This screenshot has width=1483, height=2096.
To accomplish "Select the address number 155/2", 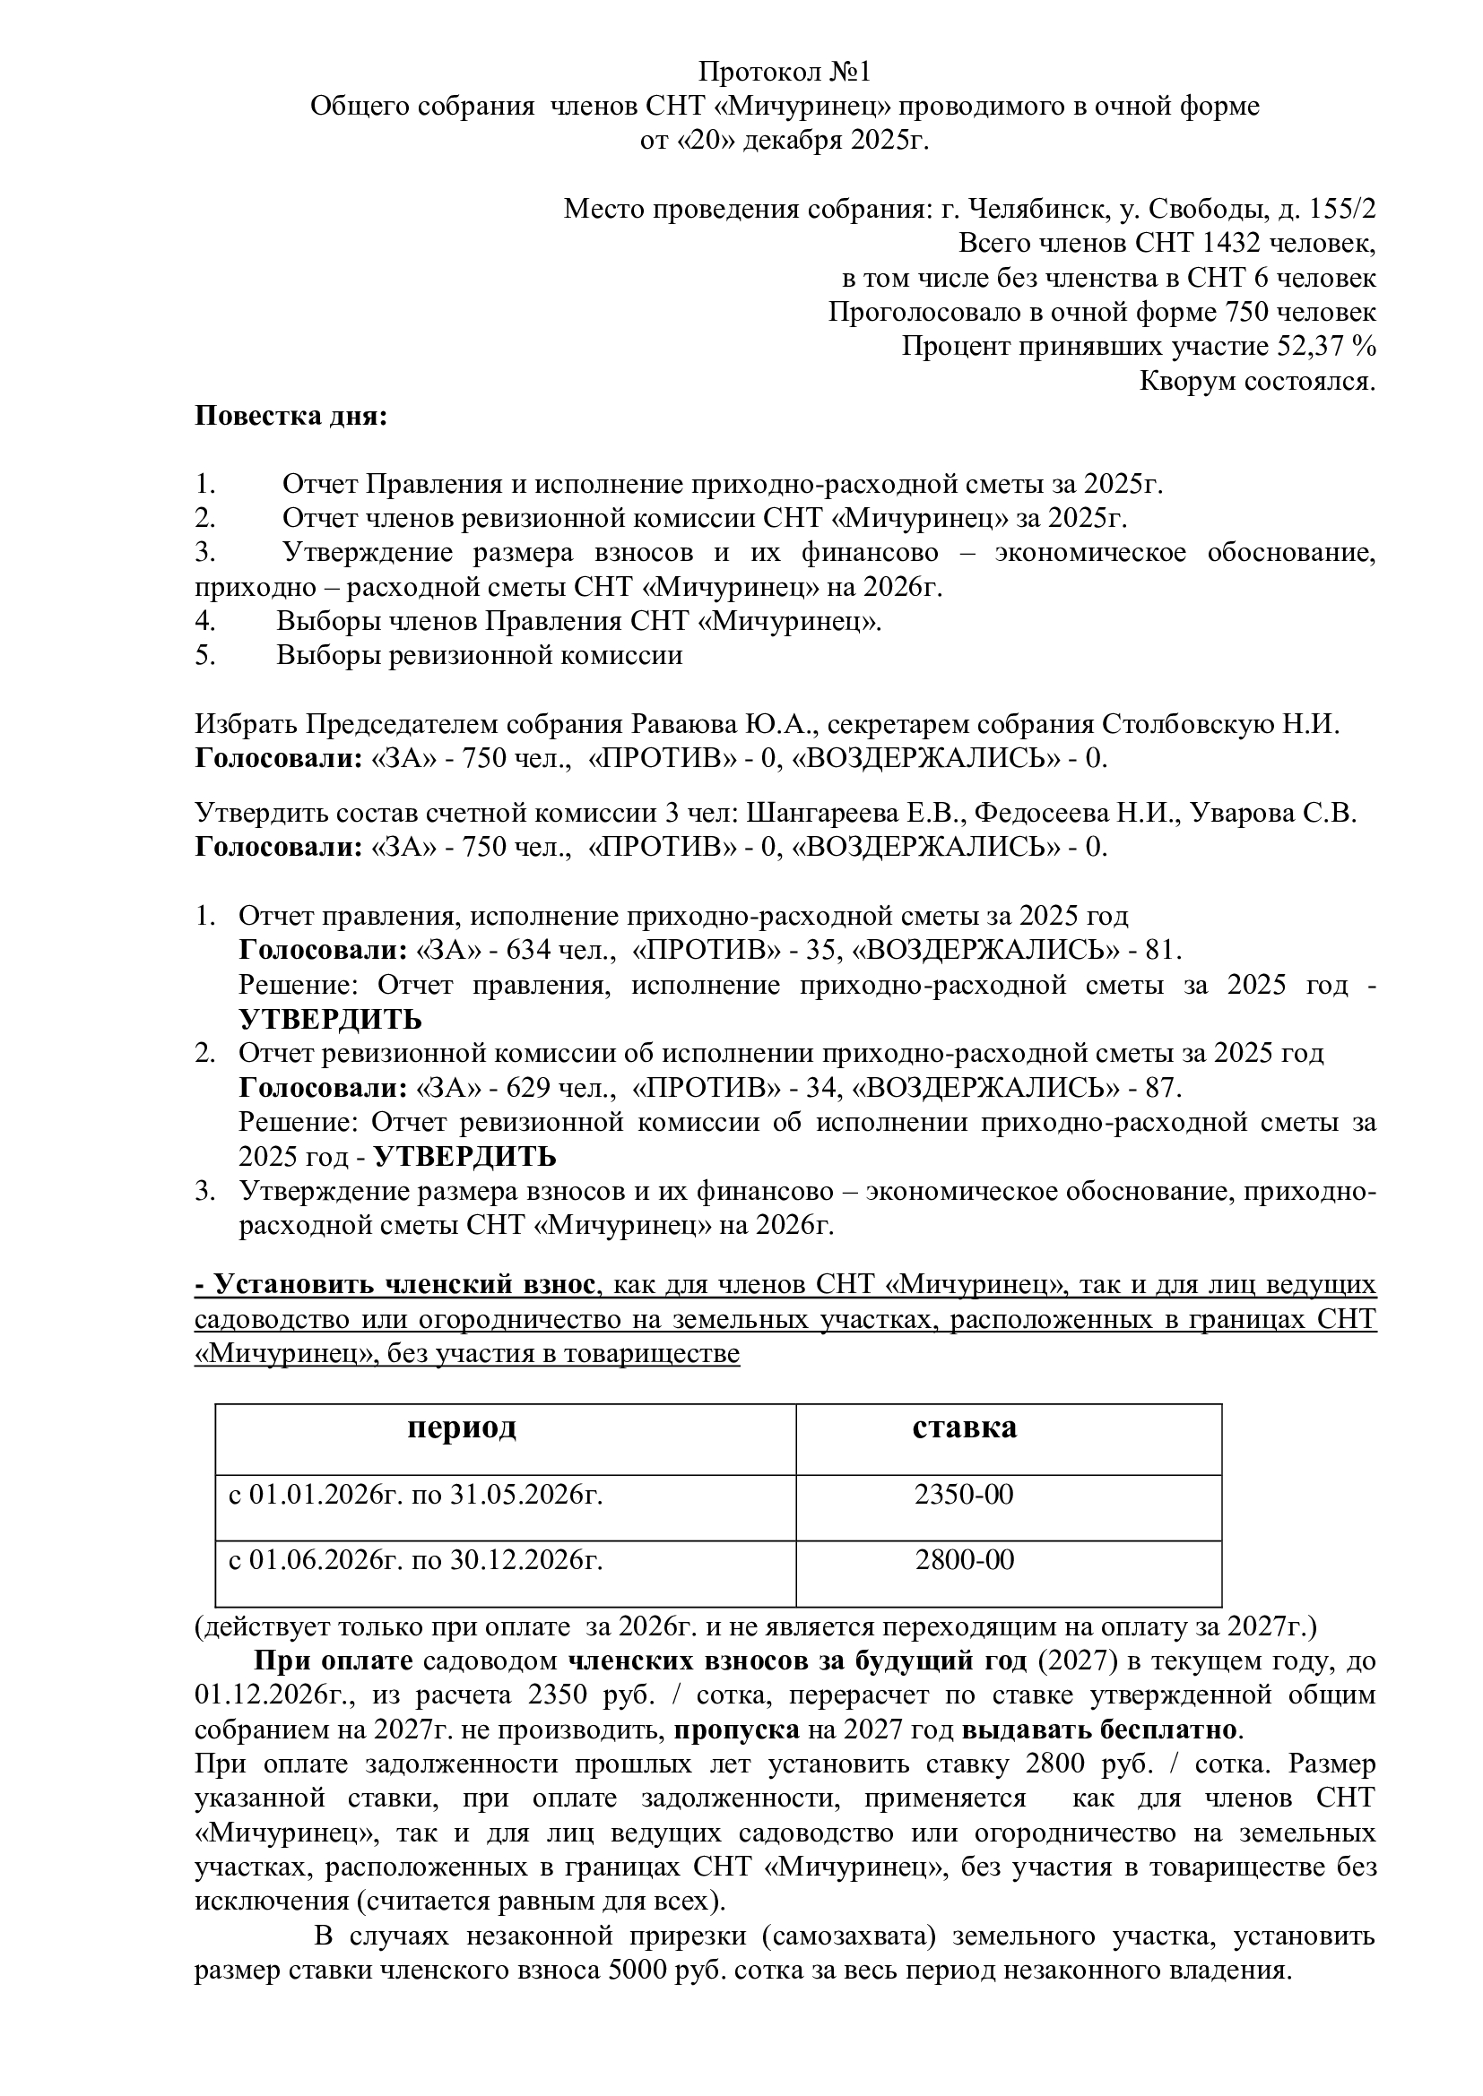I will pos(1342,209).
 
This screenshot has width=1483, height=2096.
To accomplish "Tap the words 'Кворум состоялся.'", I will pos(1257,381).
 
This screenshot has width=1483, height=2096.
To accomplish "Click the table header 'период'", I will pos(461,1427).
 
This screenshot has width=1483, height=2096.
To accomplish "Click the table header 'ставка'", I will pos(965,1427).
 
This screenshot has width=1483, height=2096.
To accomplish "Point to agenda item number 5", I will pos(204,656).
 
